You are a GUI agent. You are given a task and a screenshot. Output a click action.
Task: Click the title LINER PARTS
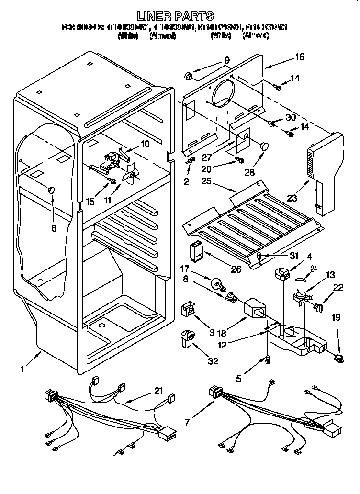coord(175,17)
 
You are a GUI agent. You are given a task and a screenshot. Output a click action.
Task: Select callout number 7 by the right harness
coord(187,422)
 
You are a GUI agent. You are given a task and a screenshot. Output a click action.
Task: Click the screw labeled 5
coord(268,358)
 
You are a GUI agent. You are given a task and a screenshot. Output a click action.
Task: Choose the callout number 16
coord(300,57)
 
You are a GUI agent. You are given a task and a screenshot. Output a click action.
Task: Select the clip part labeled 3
coord(188,311)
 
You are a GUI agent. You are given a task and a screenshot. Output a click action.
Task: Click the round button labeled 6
coord(51,191)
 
